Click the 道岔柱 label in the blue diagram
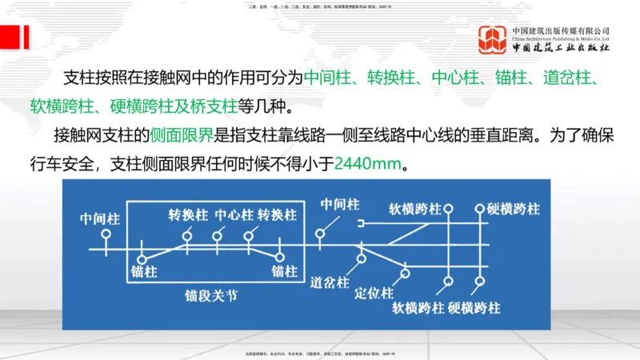[x=330, y=283]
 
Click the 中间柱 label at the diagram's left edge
[x=100, y=218]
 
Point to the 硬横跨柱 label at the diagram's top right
[x=513, y=210]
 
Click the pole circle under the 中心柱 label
[x=217, y=236]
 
